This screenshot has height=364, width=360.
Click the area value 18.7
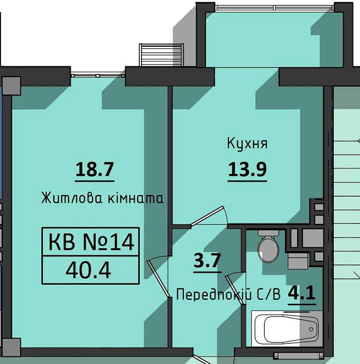tap(94, 170)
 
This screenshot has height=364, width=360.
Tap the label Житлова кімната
tap(102, 198)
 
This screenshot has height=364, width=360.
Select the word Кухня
tap(247, 144)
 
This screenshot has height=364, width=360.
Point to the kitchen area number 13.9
tap(247, 171)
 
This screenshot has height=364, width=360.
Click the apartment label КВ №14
tap(91, 241)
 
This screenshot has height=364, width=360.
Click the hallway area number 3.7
tap(207, 261)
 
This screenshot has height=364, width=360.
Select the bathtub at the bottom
tap(285, 328)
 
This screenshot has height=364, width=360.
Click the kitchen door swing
tap(209, 216)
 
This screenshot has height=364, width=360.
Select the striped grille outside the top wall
tap(156, 55)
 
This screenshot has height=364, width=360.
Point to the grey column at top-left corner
tap(11, 85)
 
